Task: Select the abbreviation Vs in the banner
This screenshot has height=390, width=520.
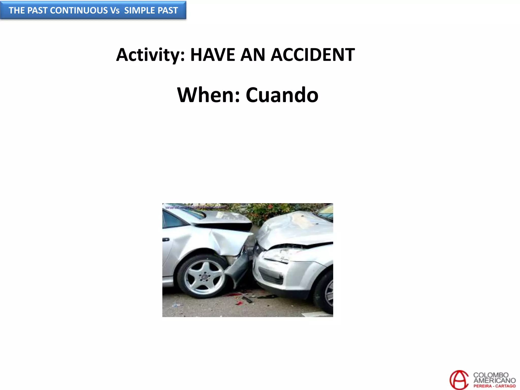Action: click(115, 10)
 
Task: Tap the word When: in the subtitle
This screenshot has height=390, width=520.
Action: click(208, 95)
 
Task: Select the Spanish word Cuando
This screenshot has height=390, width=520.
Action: click(282, 95)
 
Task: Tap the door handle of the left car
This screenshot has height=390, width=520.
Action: click(166, 239)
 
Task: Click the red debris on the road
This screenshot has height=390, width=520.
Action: click(232, 295)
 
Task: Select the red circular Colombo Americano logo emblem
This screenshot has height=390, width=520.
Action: click(459, 380)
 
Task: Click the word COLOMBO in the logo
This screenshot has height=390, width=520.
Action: click(491, 375)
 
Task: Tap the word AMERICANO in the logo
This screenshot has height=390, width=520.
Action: click(494, 380)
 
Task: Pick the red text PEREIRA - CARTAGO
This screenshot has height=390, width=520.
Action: click(494, 386)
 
